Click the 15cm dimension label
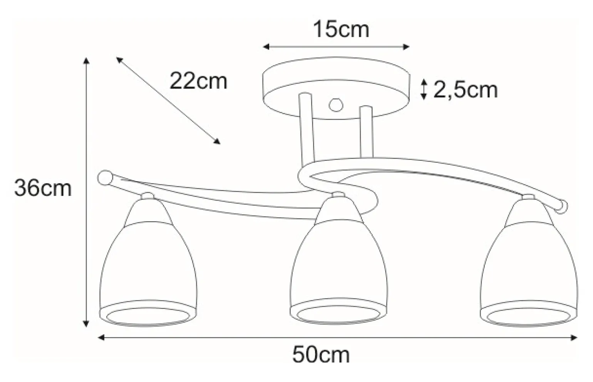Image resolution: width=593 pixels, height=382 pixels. pyautogui.click(x=341, y=30)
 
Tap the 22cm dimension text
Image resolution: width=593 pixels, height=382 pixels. pyautogui.click(x=198, y=81)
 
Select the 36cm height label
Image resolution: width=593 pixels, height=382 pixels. pyautogui.click(x=43, y=188)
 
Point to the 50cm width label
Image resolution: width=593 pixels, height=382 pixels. pyautogui.click(x=321, y=355)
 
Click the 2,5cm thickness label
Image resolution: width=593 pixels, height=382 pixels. pyautogui.click(x=465, y=90)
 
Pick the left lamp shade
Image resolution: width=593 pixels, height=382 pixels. pyautogui.click(x=148, y=262)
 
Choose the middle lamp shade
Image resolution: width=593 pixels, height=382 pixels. pyautogui.click(x=338, y=262)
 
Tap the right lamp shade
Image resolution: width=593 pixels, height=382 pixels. pyautogui.click(x=529, y=262)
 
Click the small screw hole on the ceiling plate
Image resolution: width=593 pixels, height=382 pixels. pyautogui.click(x=336, y=104)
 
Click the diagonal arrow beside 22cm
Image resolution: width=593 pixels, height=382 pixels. pyautogui.click(x=168, y=101)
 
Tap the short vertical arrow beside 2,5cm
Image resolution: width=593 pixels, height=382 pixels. pyautogui.click(x=424, y=89)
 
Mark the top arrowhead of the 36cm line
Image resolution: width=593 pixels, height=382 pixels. pyautogui.click(x=87, y=60)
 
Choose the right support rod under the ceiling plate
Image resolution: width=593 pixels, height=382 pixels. pyautogui.click(x=366, y=132)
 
